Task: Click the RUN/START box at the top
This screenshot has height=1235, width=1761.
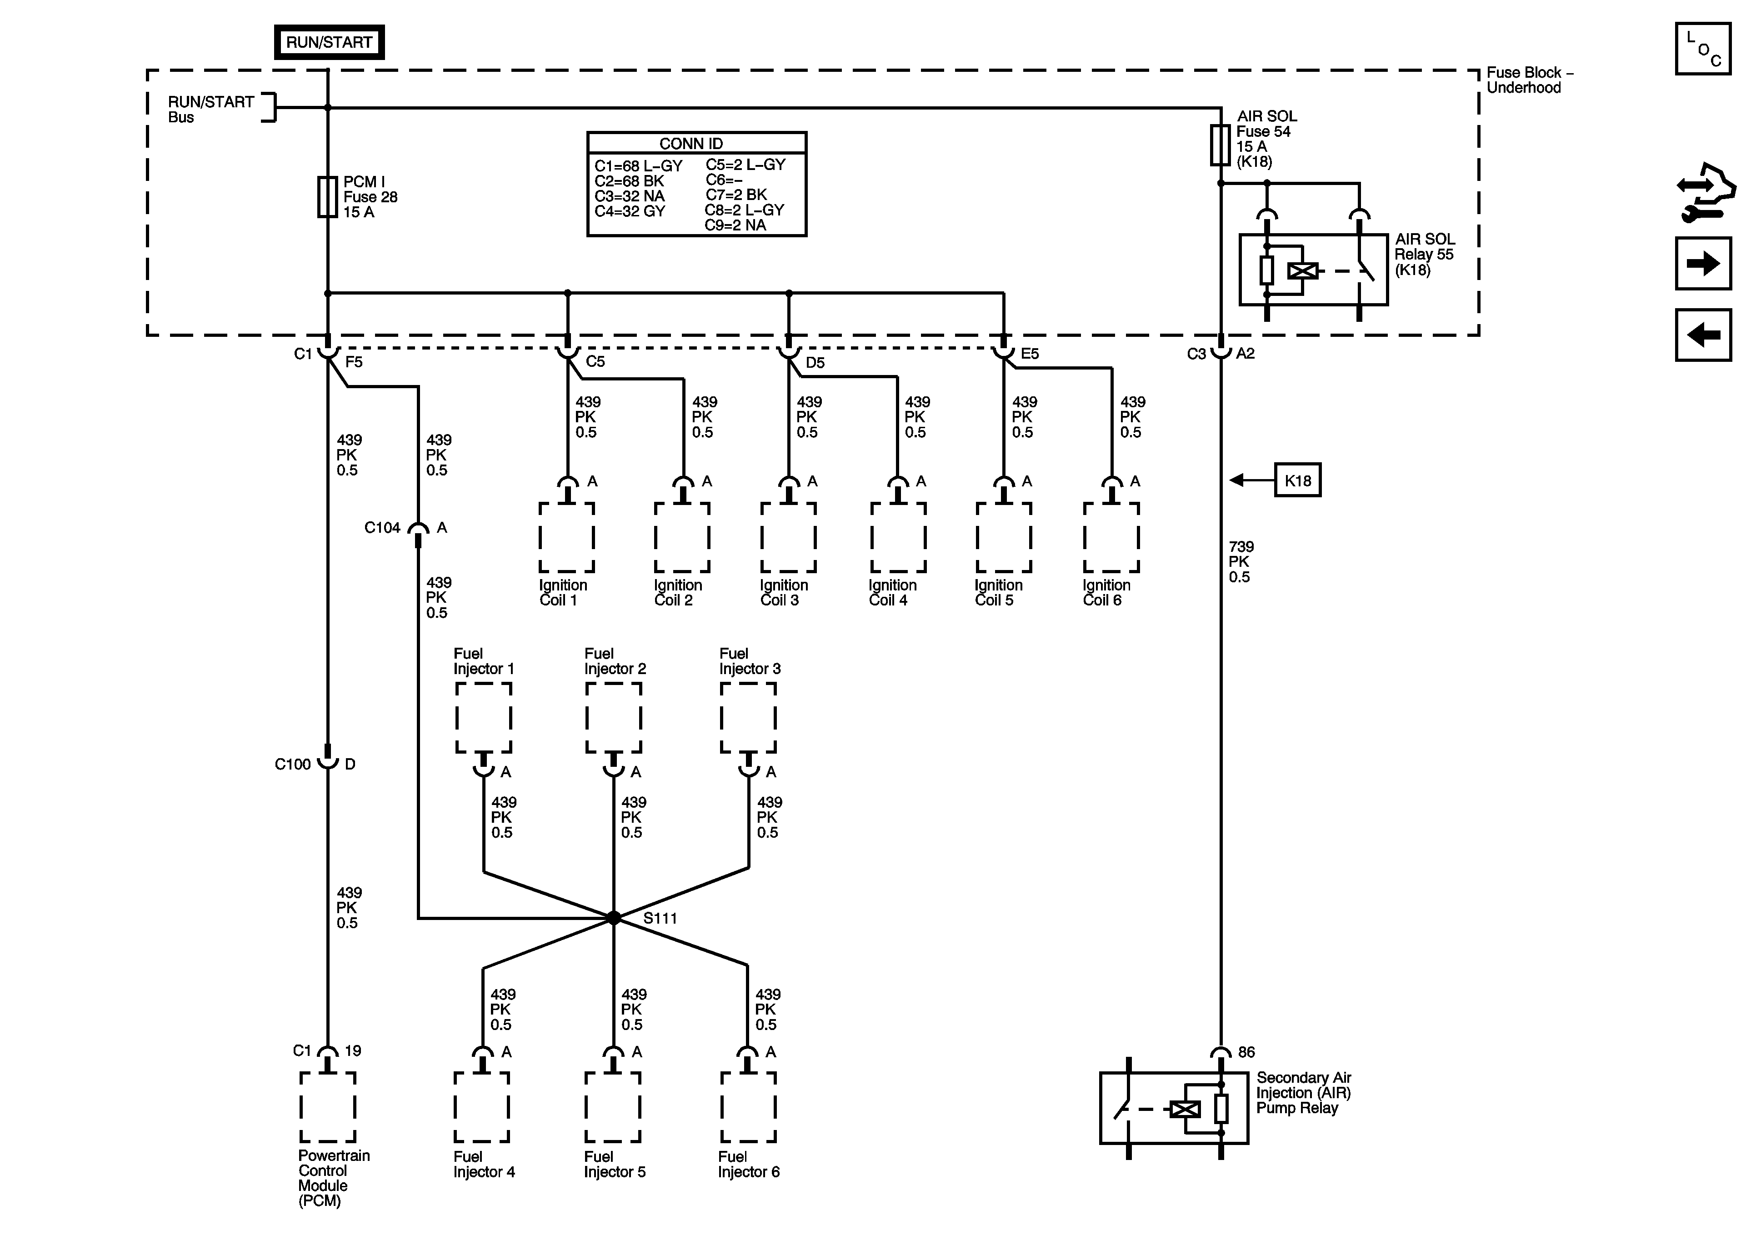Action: coord(329,42)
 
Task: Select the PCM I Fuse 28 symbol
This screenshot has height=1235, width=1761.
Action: coord(327,197)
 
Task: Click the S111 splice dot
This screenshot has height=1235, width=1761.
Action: coord(614,917)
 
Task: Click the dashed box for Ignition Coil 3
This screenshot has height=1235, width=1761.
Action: coord(789,537)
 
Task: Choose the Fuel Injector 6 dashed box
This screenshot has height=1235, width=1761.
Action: coord(748,1107)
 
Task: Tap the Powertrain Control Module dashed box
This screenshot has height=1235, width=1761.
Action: coord(327,1107)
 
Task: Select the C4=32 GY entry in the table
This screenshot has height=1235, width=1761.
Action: coord(630,211)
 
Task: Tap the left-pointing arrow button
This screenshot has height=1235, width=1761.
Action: coord(1703,335)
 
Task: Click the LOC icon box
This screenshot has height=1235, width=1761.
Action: coord(1703,48)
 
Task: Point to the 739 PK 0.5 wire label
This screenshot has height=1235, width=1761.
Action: coord(1240,561)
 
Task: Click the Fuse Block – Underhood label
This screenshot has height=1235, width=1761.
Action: coord(1529,80)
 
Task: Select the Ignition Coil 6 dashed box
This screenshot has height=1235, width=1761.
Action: coord(1111,537)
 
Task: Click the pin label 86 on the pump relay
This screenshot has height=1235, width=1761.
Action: coord(1246,1052)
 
